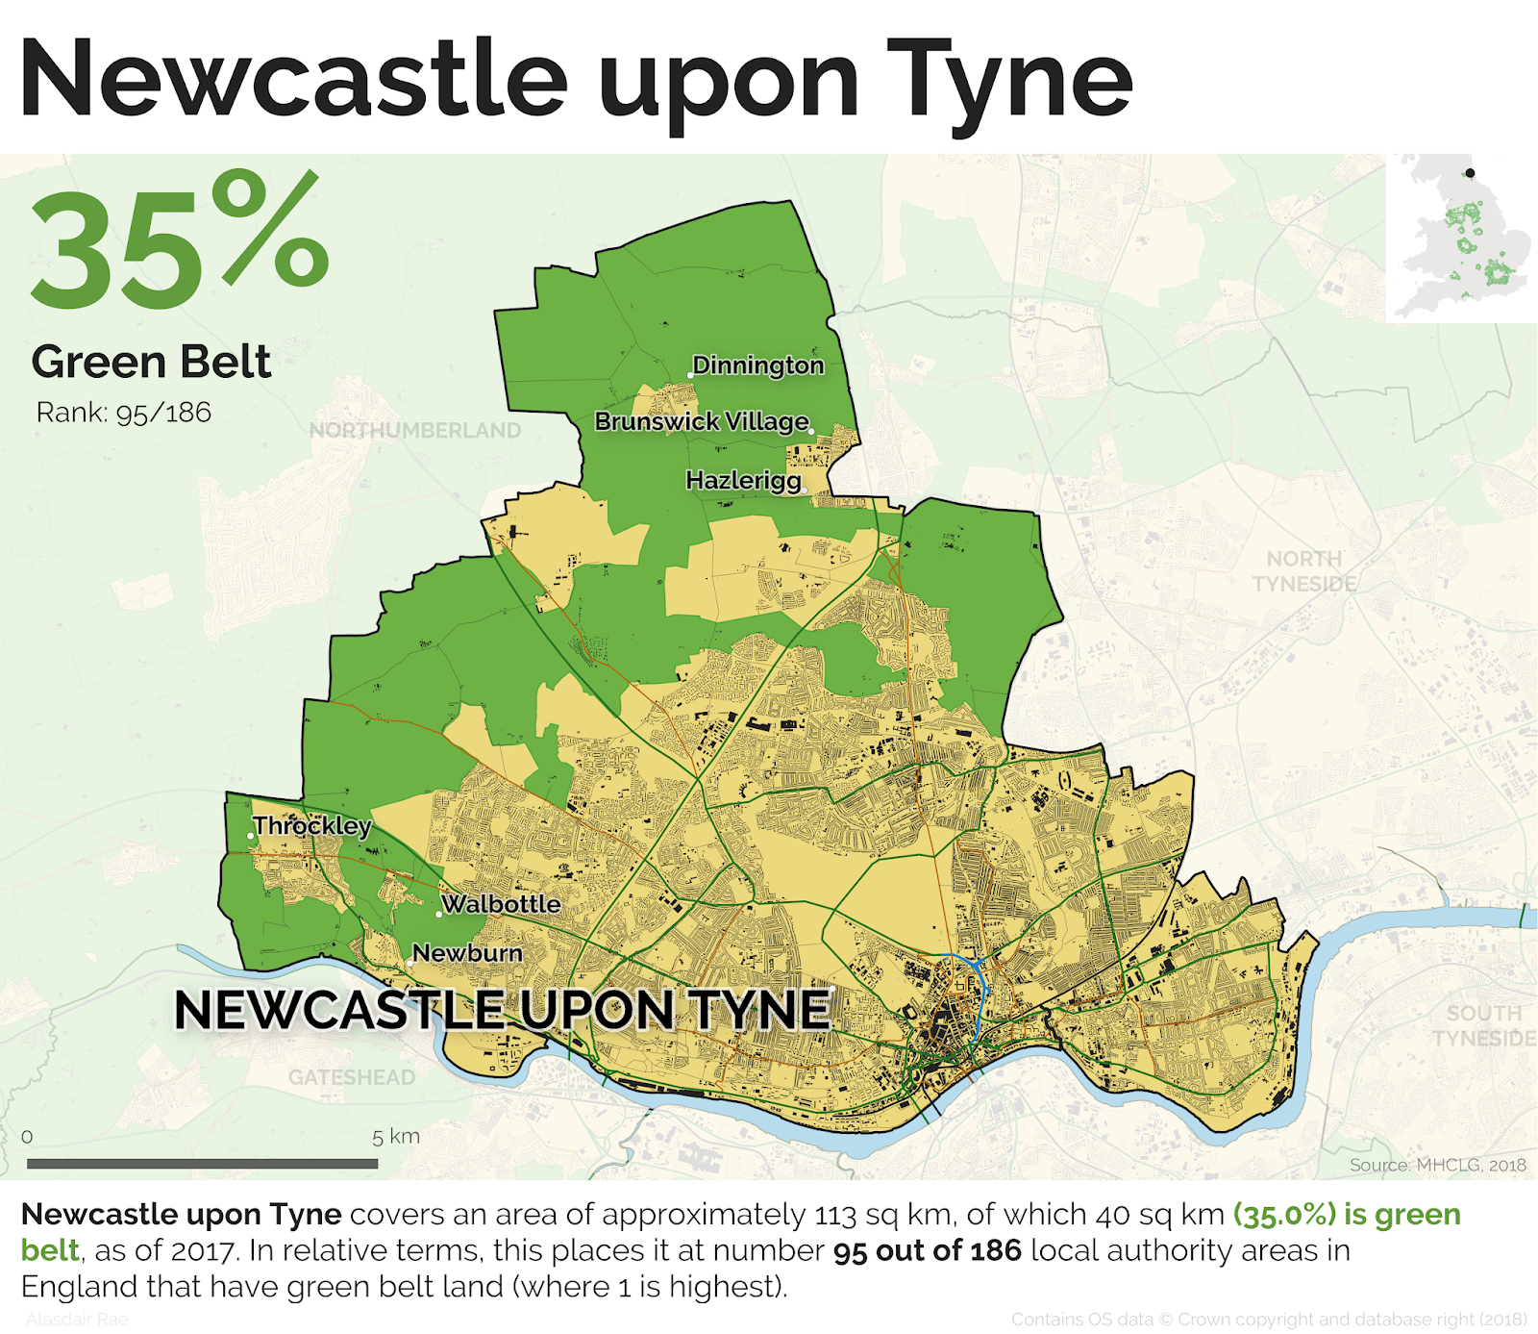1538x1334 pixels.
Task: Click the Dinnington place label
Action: coord(757,365)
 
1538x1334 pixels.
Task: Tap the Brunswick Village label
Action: coord(702,421)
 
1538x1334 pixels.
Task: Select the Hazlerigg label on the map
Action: coord(743,480)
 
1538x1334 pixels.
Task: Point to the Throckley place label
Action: coord(311,826)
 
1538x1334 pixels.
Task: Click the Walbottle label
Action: coord(501,904)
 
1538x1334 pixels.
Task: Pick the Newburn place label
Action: coord(467,953)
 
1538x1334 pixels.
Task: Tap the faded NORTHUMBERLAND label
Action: coord(414,431)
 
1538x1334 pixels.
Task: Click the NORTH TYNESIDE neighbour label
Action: coord(1303,571)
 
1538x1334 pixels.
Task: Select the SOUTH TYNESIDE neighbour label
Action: coord(1483,1025)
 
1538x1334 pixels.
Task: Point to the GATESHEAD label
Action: coord(352,1077)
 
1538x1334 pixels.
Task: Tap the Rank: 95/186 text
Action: coord(123,413)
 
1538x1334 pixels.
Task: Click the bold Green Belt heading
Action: coord(151,363)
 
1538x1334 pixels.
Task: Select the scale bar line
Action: coord(202,1164)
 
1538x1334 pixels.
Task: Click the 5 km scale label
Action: coord(396,1136)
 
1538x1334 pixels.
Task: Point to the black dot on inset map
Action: coord(1470,173)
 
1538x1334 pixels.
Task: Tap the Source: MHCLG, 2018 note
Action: coord(1437,1165)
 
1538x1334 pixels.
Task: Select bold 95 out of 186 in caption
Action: coord(927,1250)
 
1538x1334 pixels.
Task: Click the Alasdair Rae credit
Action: coord(77,1320)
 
